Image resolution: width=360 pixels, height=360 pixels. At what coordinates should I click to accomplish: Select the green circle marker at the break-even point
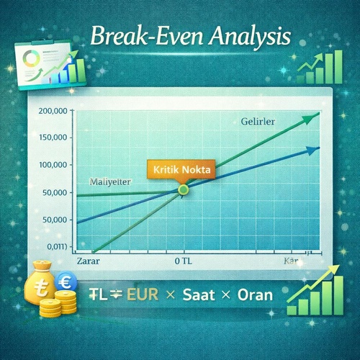pyautogui.click(x=183, y=189)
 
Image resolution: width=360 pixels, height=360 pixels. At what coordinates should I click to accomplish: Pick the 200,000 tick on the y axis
pyautogui.click(x=50, y=110)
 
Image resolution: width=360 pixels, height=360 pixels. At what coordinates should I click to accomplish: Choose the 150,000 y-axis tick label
pyautogui.click(x=50, y=138)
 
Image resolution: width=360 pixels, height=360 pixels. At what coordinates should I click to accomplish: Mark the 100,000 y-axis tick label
pyautogui.click(x=50, y=165)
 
